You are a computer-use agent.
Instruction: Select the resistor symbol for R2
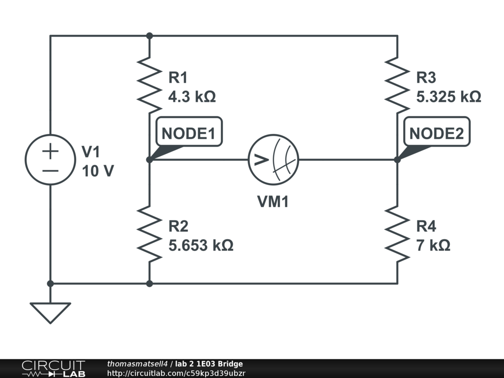[x=149, y=233]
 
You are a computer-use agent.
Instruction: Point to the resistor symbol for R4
[x=397, y=233]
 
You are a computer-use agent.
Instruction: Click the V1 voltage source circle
[x=50, y=159]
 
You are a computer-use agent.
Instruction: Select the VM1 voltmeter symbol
[x=273, y=159]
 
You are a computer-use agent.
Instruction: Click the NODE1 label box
[x=189, y=133]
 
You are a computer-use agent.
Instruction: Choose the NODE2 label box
[x=437, y=133]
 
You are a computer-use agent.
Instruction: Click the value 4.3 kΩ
[x=192, y=96]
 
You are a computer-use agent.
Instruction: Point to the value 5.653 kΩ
[x=201, y=245]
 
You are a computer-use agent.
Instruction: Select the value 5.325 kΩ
[x=448, y=96]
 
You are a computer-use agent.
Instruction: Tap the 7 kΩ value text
[x=433, y=245]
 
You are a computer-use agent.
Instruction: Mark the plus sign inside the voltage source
[x=50, y=150]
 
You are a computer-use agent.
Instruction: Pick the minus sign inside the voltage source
[x=50, y=170]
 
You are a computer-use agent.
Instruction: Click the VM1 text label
[x=273, y=202]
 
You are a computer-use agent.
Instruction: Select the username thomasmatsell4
[x=138, y=364]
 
